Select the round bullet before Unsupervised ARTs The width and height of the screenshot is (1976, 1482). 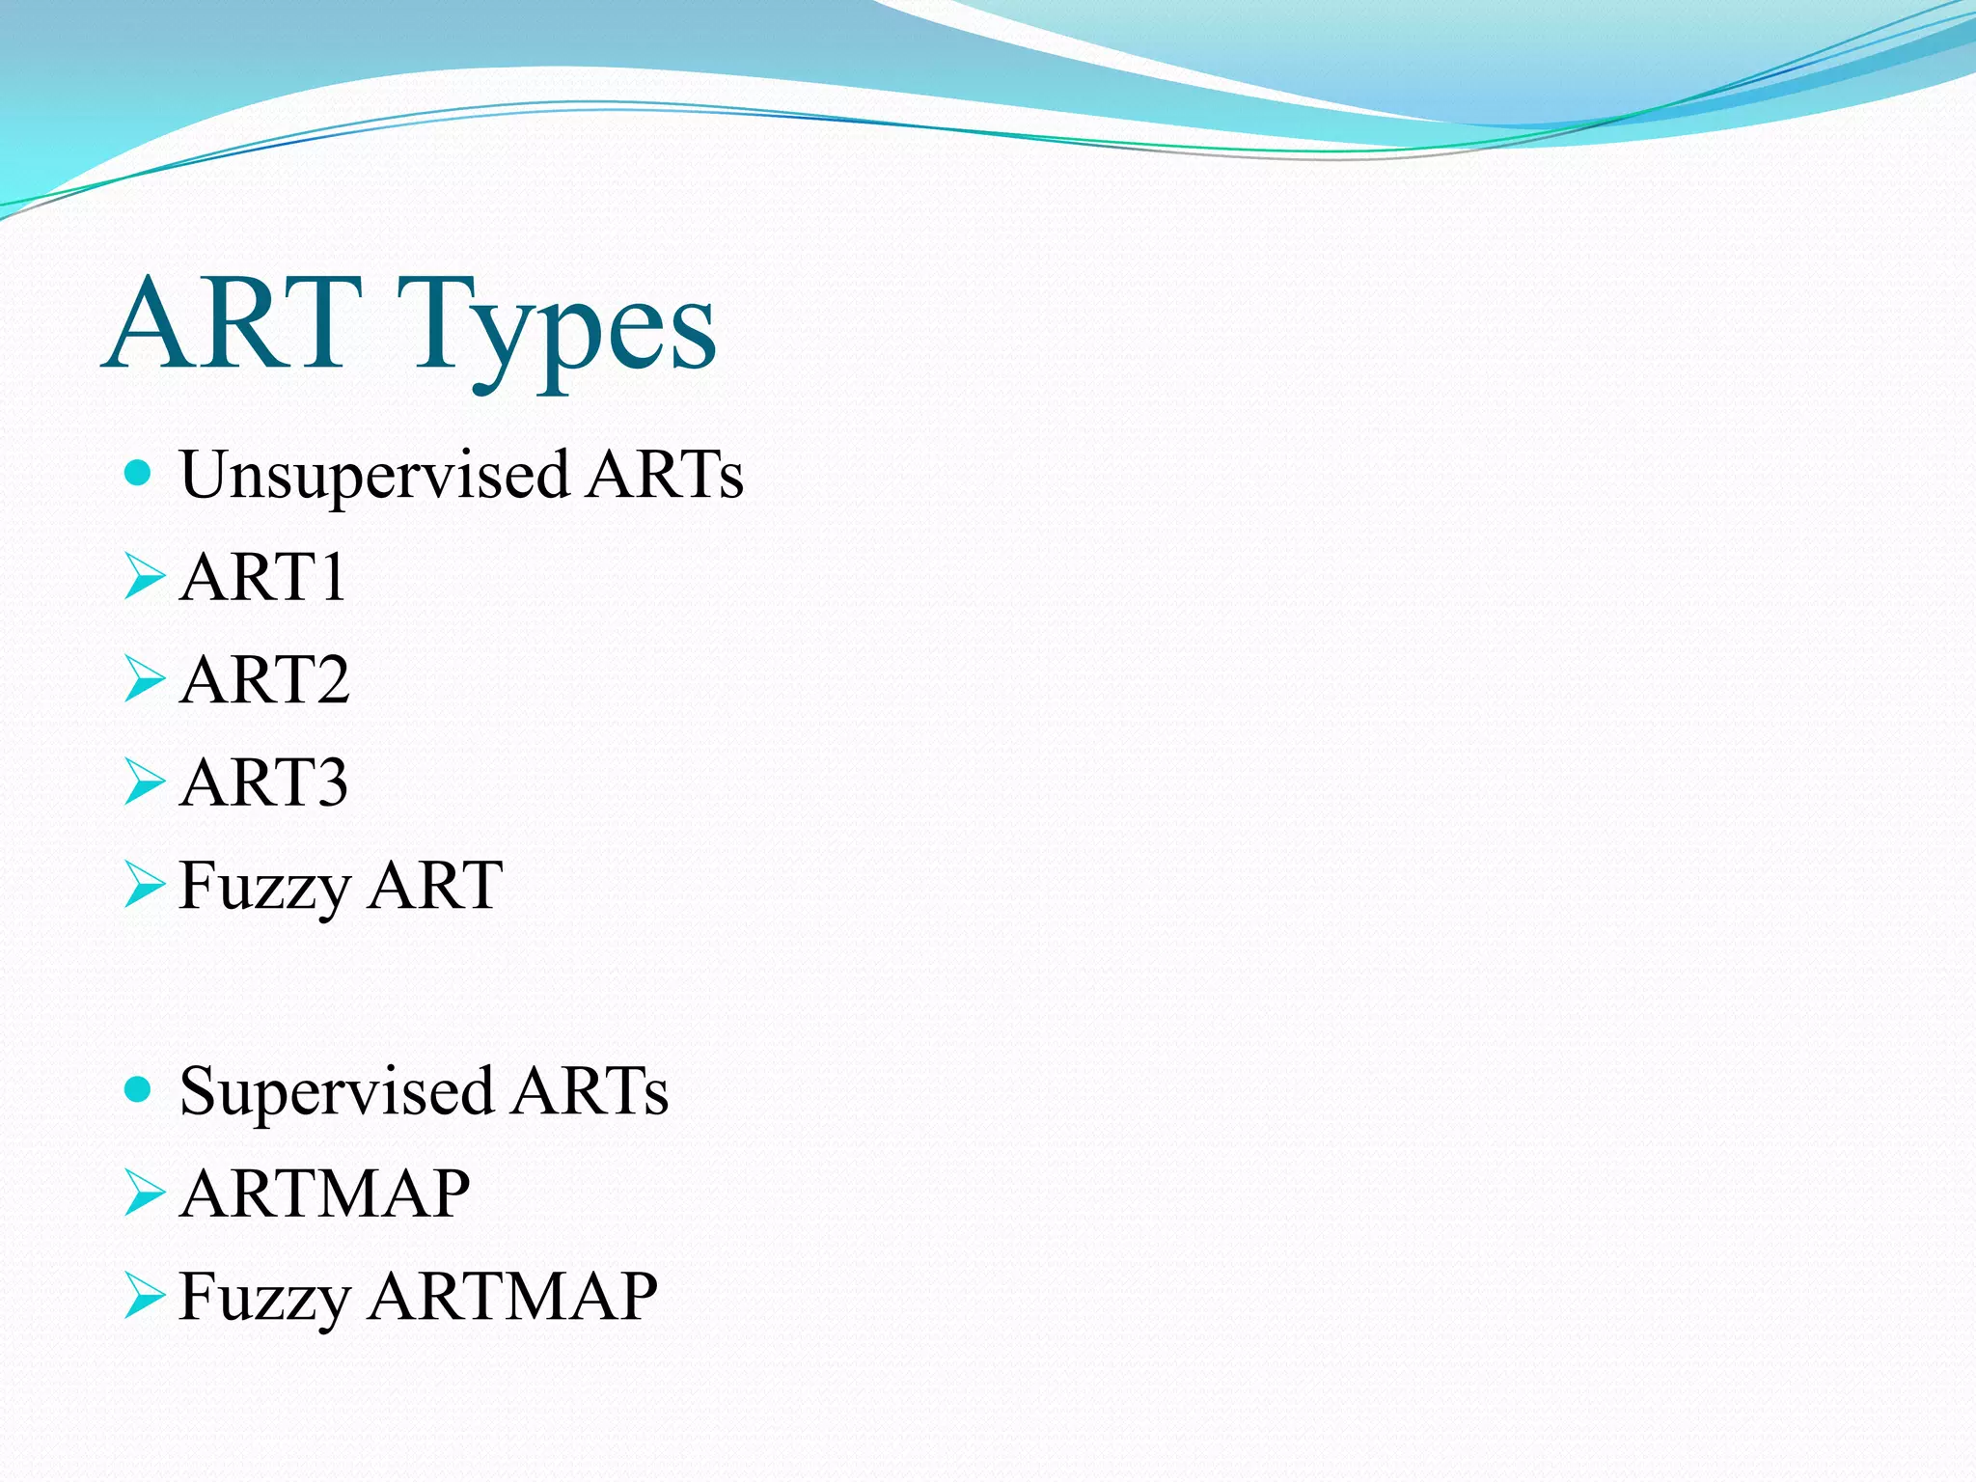[x=139, y=473]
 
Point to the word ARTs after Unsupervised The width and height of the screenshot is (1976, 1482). [x=666, y=475]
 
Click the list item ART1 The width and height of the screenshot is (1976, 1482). [x=262, y=577]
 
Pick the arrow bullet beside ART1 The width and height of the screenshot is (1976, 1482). [x=144, y=577]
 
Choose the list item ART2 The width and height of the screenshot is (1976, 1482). [x=264, y=679]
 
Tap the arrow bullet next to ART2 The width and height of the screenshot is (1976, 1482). [x=144, y=679]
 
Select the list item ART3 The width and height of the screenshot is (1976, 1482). [x=263, y=782]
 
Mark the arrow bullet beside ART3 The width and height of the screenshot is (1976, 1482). [x=144, y=782]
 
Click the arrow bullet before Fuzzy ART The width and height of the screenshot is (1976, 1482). [x=144, y=885]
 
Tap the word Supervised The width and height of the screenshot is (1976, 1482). [x=337, y=1092]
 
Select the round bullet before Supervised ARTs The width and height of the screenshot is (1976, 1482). [x=139, y=1089]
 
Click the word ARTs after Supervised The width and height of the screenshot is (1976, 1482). [x=590, y=1091]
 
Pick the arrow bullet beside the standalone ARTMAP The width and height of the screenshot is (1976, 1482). [x=144, y=1194]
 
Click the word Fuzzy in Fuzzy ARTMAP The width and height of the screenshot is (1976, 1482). [x=264, y=1299]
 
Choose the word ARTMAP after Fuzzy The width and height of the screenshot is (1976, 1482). [x=513, y=1296]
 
